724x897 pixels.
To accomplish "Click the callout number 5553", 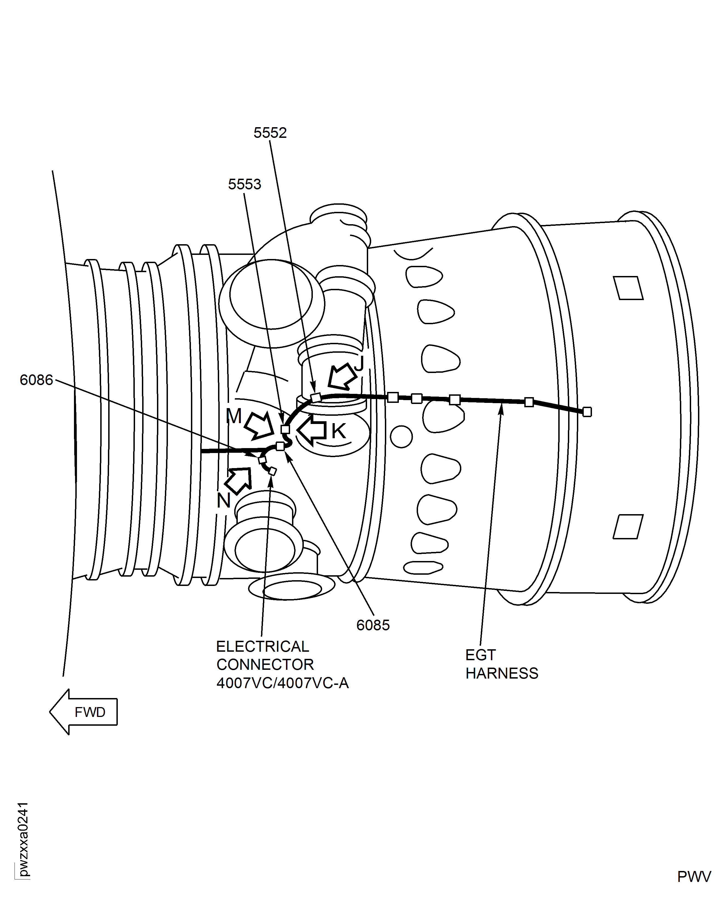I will (x=244, y=184).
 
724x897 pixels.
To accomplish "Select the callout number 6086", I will (x=36, y=380).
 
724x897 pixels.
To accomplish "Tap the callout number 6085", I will (x=373, y=625).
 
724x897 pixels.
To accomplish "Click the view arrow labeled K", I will (x=312, y=431).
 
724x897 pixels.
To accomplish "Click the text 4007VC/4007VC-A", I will (x=282, y=683).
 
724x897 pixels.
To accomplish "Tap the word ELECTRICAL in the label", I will (x=262, y=646).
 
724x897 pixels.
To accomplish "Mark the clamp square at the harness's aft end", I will (x=587, y=412).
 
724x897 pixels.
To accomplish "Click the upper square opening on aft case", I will (x=628, y=288).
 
